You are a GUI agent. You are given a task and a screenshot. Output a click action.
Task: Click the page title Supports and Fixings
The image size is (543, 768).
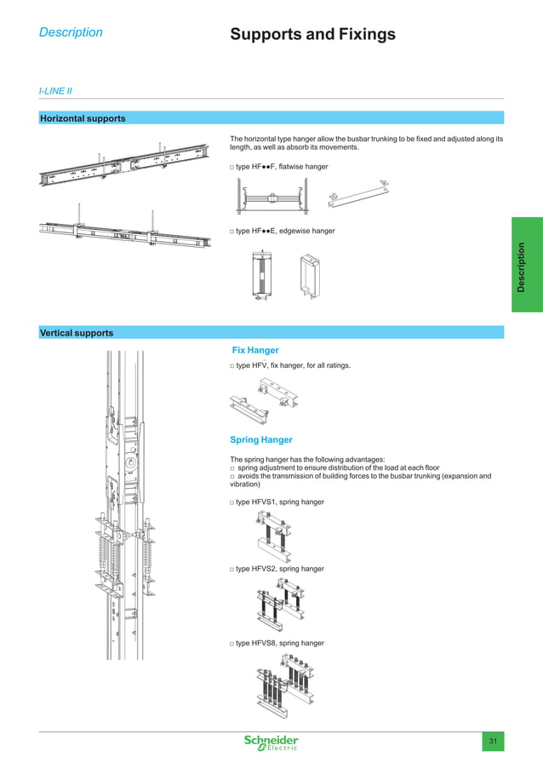[x=312, y=35]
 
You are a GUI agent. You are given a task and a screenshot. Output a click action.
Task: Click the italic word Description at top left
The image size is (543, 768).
[x=71, y=32]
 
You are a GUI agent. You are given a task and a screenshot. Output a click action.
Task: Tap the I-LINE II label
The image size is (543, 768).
[x=55, y=89]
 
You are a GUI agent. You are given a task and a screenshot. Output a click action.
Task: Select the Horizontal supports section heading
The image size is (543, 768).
[x=83, y=118]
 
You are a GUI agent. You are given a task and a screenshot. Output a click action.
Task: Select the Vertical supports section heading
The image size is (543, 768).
[x=77, y=333]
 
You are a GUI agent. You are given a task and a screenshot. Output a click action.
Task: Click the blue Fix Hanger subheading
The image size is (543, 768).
[x=255, y=350]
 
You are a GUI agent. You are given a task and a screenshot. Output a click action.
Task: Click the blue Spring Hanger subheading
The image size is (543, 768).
[x=261, y=439]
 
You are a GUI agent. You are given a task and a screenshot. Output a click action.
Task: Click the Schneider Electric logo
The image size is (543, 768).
[x=271, y=742]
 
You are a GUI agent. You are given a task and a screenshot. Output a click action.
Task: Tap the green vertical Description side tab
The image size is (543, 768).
[x=526, y=264]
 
